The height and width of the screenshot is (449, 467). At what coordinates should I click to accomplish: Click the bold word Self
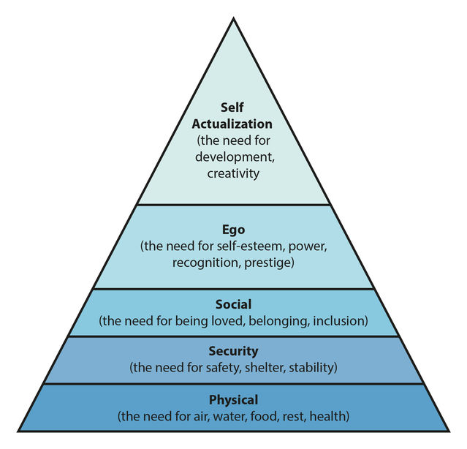233,108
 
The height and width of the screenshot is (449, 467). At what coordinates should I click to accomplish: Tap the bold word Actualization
232,124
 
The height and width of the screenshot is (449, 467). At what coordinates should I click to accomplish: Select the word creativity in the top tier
233,173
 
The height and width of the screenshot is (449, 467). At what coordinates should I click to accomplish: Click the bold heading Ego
233,230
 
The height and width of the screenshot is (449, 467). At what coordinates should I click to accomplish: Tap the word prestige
270,262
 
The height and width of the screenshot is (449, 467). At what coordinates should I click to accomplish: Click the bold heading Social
233,303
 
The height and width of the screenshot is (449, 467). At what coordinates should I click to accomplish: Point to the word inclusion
343,320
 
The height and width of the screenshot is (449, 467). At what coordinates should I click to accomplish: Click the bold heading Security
233,351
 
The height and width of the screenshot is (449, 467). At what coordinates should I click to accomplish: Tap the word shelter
261,367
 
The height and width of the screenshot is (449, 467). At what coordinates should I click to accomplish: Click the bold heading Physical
233,400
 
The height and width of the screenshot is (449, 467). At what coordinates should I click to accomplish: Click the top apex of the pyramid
233,18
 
